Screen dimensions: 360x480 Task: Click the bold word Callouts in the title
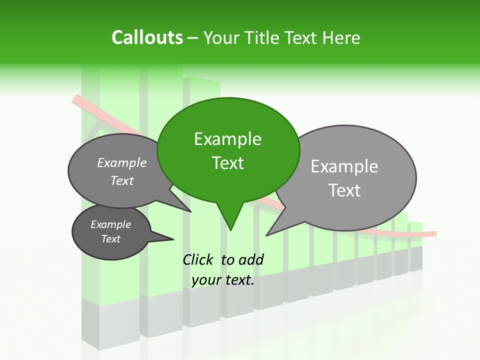pyautogui.click(x=147, y=37)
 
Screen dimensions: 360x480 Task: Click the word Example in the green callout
pyautogui.click(x=227, y=139)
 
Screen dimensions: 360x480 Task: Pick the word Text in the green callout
pyautogui.click(x=228, y=163)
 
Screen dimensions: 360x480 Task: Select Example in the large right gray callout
pyautogui.click(x=344, y=166)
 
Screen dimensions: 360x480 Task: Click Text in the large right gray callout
pyautogui.click(x=345, y=190)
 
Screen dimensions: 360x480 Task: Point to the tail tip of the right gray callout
pyautogui.click(x=267, y=235)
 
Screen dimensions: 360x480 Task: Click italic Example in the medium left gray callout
pyautogui.click(x=121, y=162)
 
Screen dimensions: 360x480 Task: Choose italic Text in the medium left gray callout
pyautogui.click(x=121, y=180)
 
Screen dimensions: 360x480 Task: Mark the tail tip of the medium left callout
pyautogui.click(x=191, y=211)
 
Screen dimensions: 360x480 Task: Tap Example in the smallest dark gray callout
pyautogui.click(x=110, y=224)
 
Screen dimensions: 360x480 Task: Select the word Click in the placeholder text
pyautogui.click(x=198, y=259)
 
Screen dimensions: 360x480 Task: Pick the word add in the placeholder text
pyautogui.click(x=251, y=259)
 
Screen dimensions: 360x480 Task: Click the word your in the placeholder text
pyautogui.click(x=206, y=280)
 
